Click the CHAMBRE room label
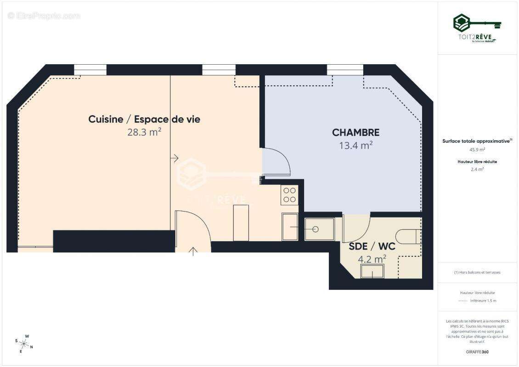(x=355, y=133)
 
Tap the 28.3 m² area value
(x=144, y=133)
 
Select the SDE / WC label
(x=372, y=246)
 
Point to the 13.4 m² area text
(x=355, y=146)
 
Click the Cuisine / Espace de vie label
(x=144, y=119)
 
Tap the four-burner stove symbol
(x=290, y=195)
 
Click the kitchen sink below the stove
(x=290, y=226)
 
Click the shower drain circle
(x=315, y=228)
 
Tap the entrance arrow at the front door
(x=193, y=250)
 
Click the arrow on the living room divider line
(x=174, y=158)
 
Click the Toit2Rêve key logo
(x=477, y=23)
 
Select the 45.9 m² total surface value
(x=477, y=150)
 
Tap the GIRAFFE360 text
(x=477, y=352)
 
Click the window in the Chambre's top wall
(x=345, y=70)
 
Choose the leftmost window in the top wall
(x=90, y=70)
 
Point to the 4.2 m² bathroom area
(x=372, y=259)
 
